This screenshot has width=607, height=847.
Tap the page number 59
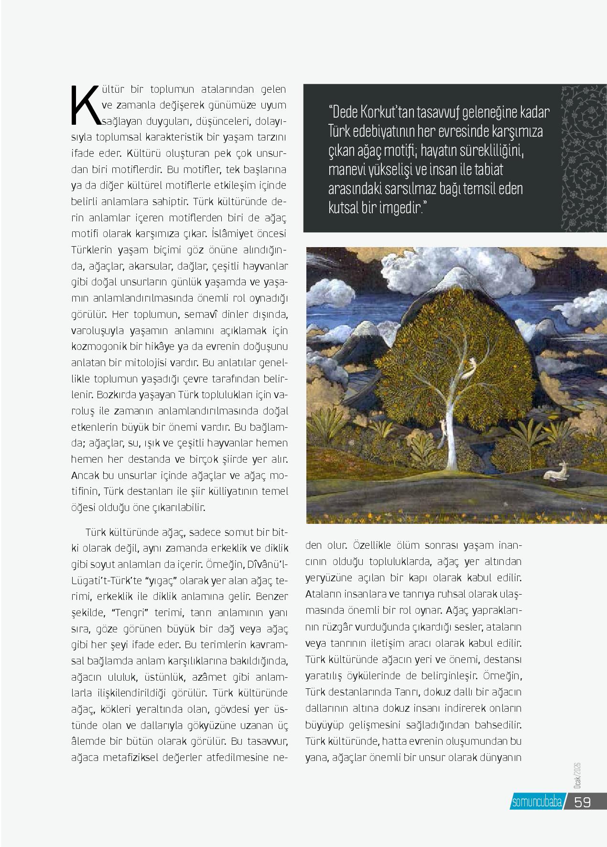coord(583,802)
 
